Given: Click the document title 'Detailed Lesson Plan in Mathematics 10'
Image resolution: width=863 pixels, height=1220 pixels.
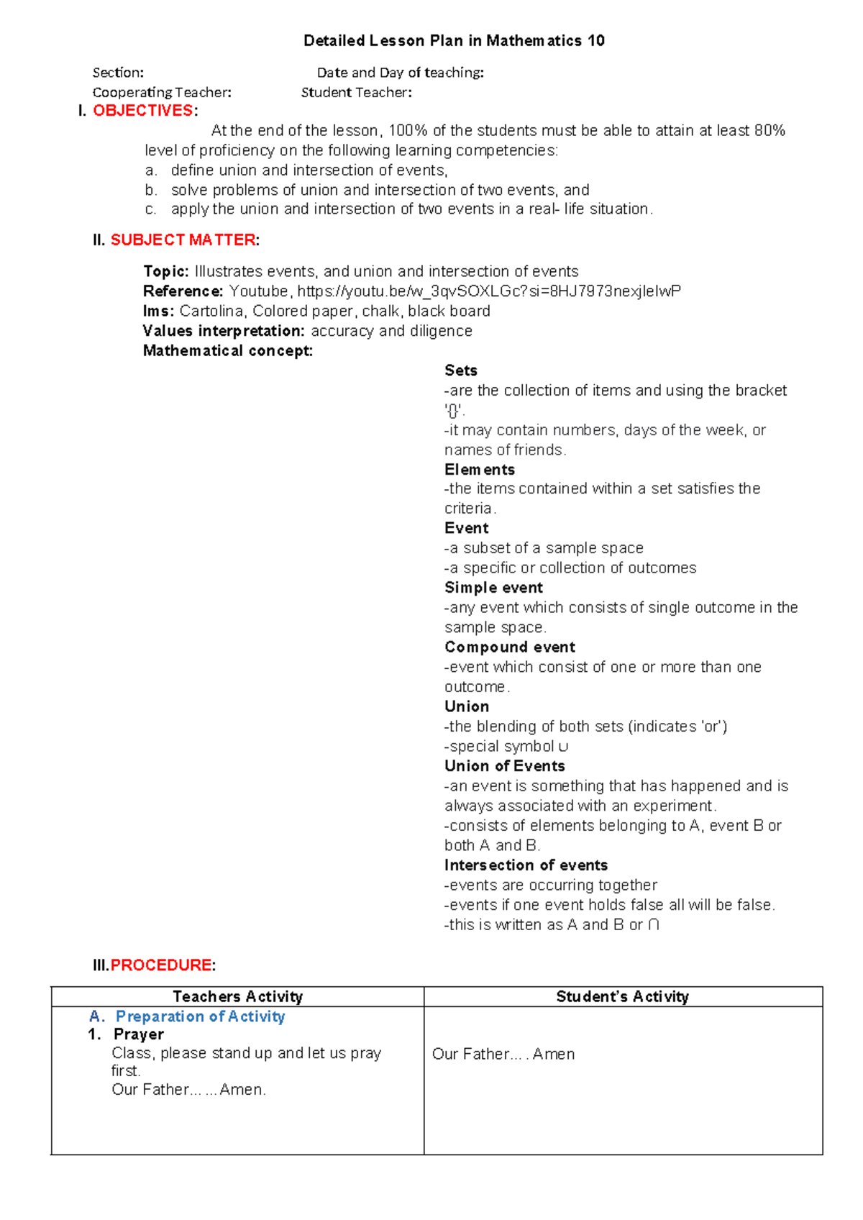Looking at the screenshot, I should point(454,41).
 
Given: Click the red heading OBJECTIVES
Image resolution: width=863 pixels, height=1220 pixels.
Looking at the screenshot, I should point(143,111).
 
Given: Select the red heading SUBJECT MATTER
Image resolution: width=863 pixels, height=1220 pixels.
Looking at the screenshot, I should point(183,240).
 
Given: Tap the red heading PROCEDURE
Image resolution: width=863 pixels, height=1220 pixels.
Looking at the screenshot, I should point(161,965).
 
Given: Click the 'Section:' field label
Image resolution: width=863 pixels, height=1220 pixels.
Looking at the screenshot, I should point(118,73).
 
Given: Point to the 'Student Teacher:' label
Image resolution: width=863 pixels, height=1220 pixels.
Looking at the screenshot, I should point(356,93).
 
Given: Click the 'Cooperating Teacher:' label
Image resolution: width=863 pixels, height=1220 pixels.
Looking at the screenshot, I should point(162,93).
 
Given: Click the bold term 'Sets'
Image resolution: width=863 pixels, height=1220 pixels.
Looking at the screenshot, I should point(460,370).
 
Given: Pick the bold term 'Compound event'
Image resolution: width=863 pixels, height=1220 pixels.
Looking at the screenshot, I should point(509,647).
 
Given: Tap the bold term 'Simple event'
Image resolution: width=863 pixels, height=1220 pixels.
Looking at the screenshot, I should point(493,588).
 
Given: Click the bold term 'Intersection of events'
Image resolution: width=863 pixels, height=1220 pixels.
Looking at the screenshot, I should point(526,865).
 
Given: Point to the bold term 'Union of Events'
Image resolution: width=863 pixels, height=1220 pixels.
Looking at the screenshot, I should point(504,766).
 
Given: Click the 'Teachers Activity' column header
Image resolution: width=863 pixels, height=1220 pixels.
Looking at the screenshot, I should point(237,997).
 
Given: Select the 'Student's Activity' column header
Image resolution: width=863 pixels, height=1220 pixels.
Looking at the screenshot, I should point(622,997).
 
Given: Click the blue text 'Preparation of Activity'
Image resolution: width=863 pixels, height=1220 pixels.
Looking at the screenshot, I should point(200,1016).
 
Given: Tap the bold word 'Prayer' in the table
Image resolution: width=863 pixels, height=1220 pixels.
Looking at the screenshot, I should point(139,1034).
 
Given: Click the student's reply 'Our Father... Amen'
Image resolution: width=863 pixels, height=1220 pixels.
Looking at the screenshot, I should point(503,1055).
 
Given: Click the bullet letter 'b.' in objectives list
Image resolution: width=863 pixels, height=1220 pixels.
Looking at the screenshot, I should point(150,191).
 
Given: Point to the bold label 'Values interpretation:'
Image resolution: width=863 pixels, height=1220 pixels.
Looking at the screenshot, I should point(224,331).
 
